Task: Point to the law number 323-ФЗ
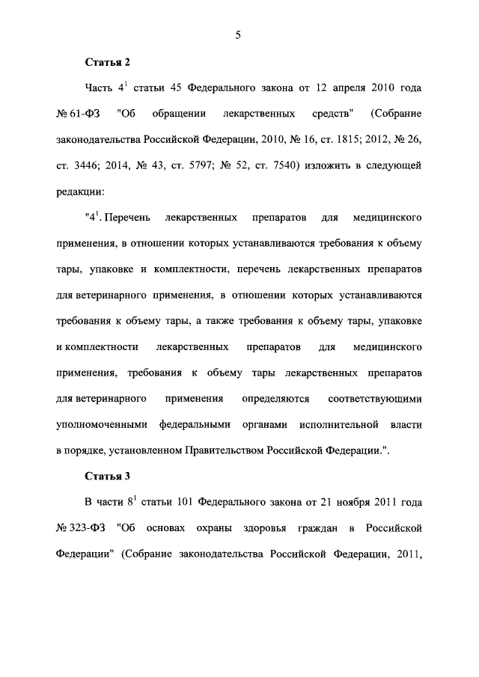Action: [85, 530]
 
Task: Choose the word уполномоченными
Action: [102, 424]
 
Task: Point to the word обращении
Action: [180, 114]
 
